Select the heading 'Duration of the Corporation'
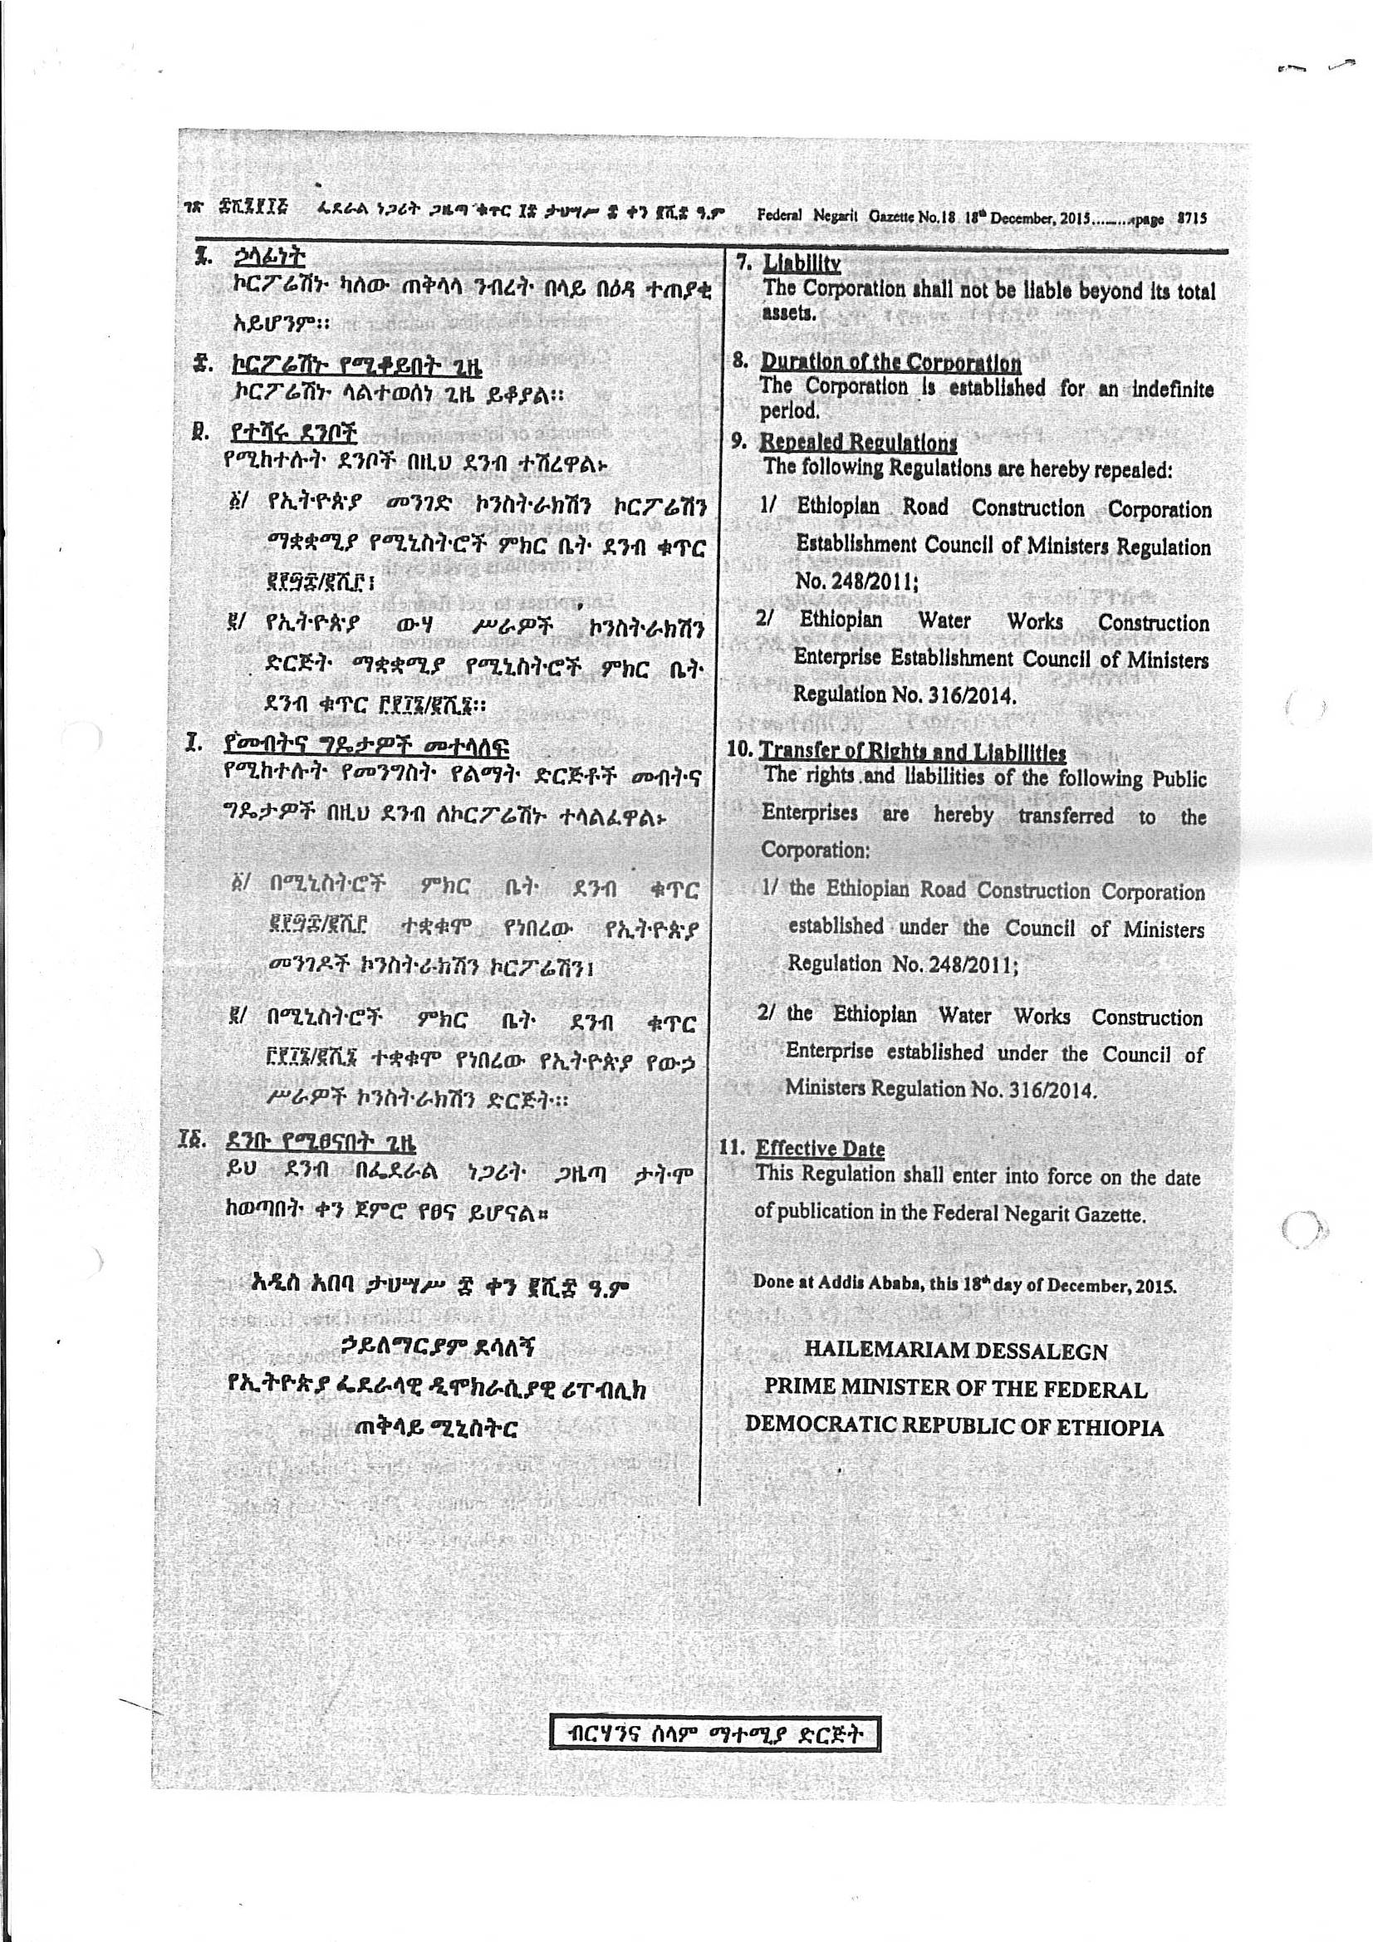(890, 363)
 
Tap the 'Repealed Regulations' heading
(858, 443)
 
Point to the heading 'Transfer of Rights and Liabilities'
(912, 751)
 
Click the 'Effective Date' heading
(820, 1148)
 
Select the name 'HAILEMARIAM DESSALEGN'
(955, 1350)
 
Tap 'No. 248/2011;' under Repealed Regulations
(856, 581)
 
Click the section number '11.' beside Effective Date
(733, 1148)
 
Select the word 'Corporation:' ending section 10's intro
(816, 849)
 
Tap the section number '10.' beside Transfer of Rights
(741, 750)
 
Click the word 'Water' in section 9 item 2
(944, 620)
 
